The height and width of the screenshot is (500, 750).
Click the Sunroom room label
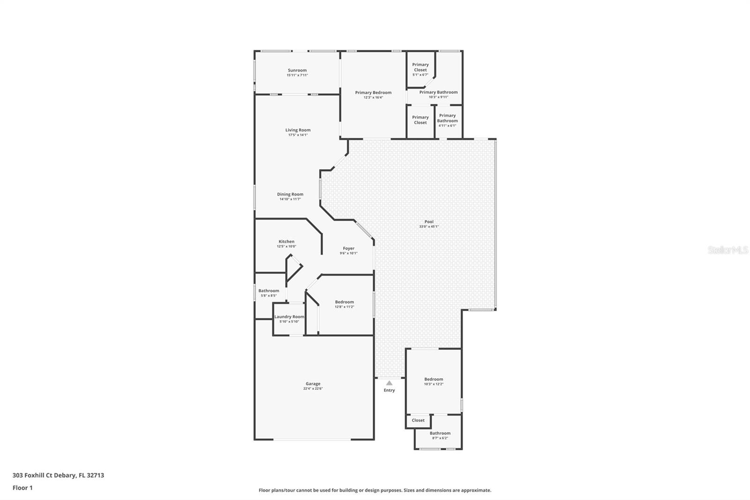click(x=297, y=70)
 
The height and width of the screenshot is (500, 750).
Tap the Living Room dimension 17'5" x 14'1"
click(x=298, y=135)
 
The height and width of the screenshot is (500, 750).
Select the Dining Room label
click(x=290, y=194)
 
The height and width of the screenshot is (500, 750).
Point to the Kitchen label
click(x=286, y=242)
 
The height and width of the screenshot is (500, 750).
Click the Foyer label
click(x=348, y=249)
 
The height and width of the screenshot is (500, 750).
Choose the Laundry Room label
click(x=289, y=317)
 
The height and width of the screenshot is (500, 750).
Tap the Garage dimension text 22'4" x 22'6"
click(x=313, y=389)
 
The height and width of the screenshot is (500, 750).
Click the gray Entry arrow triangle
click(x=389, y=383)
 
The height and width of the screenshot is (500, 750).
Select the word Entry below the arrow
click(x=389, y=390)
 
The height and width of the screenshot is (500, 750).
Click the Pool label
click(x=429, y=221)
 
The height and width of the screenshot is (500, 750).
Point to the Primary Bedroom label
click(x=373, y=92)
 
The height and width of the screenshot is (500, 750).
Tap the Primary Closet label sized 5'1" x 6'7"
click(x=420, y=67)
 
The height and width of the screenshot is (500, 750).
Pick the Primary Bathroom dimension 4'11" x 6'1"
click(x=447, y=126)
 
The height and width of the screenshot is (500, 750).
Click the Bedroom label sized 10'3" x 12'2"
click(x=434, y=379)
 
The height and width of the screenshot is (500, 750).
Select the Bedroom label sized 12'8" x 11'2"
click(x=344, y=302)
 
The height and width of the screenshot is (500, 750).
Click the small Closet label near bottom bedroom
click(x=418, y=420)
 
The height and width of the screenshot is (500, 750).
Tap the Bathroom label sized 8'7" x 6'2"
click(x=440, y=433)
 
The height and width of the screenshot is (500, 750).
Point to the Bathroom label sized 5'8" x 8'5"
click(x=269, y=291)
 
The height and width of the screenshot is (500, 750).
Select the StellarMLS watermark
click(x=727, y=250)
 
